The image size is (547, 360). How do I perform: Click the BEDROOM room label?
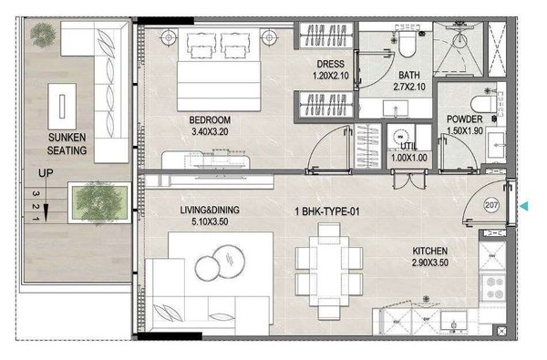(x=210, y=120)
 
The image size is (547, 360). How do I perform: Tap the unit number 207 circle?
(x=491, y=205)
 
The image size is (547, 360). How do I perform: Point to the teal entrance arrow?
(x=524, y=206)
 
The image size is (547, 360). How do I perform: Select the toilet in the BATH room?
(x=407, y=41)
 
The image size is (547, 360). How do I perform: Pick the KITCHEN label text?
(x=429, y=251)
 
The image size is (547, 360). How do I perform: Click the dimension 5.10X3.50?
(x=210, y=221)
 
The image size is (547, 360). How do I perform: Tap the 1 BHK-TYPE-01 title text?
(x=327, y=211)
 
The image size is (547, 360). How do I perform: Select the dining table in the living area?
(x=329, y=272)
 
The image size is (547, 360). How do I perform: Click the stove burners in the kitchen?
(x=493, y=287)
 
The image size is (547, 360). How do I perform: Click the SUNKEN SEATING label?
(x=67, y=144)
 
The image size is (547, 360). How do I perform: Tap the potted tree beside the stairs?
(x=99, y=202)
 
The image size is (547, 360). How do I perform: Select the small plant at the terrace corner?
(x=43, y=35)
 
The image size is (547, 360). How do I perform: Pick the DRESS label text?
(x=330, y=64)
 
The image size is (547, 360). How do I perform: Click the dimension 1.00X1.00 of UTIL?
(x=408, y=158)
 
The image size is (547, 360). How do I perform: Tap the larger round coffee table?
(x=229, y=262)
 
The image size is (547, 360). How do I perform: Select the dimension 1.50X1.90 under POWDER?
(x=465, y=130)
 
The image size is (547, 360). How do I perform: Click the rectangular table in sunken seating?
(x=62, y=107)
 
